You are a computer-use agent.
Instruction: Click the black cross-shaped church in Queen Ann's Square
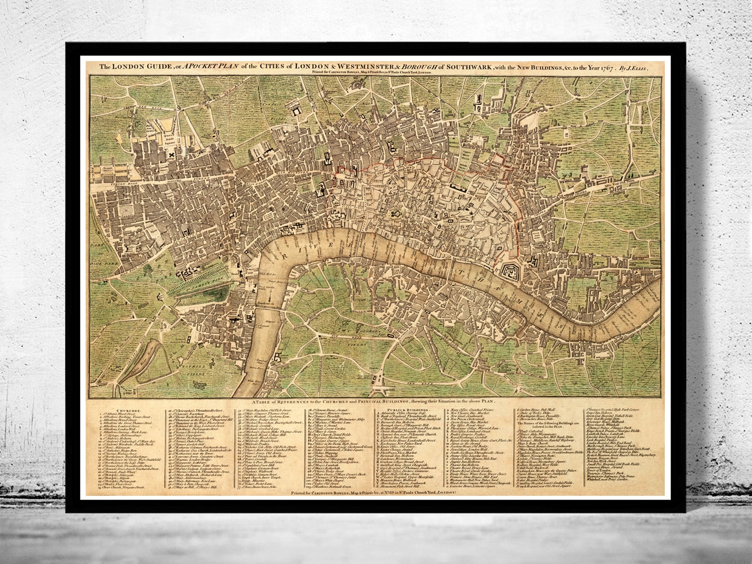click(x=167, y=154)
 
